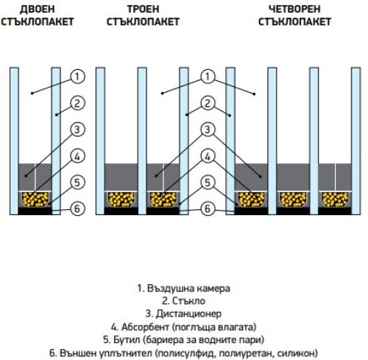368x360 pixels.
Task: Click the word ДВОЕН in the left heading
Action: point(37,9)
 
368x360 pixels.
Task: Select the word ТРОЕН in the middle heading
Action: point(143,9)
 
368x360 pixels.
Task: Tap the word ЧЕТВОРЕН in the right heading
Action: point(294,9)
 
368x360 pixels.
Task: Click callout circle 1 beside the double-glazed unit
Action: point(77,77)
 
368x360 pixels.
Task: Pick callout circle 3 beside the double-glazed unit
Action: point(77,130)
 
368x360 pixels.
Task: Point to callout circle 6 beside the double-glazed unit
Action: point(77,209)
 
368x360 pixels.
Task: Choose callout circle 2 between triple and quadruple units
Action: point(208,103)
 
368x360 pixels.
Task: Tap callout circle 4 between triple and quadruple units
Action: point(208,156)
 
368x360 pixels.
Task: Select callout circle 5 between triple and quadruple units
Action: point(208,183)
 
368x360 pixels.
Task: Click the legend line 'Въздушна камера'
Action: point(183,289)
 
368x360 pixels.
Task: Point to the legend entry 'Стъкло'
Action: point(183,301)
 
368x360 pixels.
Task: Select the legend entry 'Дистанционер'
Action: point(183,314)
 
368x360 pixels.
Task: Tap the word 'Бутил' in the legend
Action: point(127,340)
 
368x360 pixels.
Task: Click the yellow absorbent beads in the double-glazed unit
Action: point(35,200)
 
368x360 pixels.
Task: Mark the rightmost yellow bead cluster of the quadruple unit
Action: point(335,200)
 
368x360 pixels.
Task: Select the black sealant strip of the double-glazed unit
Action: point(35,211)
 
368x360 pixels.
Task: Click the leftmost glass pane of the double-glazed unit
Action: point(14,141)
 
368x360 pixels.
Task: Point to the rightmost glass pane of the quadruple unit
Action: point(356,141)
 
